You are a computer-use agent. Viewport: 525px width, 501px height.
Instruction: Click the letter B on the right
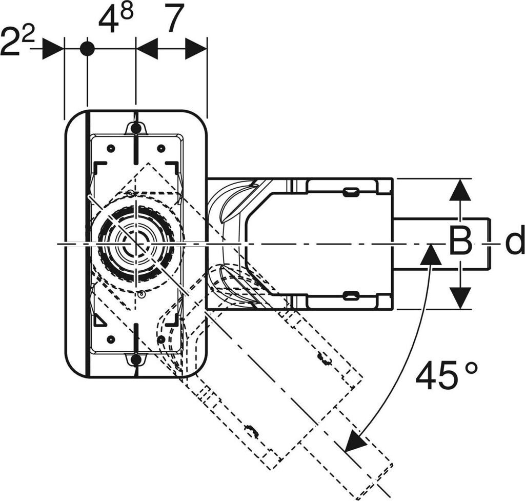tap(460, 240)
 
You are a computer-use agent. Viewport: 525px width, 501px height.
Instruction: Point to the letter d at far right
tap(514, 239)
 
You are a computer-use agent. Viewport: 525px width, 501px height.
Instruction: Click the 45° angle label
tap(447, 375)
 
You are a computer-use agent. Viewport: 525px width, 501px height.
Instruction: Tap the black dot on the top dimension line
tap(87, 49)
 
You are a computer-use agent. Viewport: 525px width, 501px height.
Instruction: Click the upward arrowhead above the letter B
tap(460, 190)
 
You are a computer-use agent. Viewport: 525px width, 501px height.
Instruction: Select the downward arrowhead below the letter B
tap(460, 298)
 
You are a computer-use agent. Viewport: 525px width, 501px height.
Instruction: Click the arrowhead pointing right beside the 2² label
tap(53, 49)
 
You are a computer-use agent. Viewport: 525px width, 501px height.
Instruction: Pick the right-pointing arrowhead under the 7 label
tap(196, 49)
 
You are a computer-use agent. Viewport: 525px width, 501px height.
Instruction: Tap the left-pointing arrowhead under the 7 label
tap(147, 49)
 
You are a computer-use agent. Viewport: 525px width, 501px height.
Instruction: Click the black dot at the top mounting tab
tap(135, 128)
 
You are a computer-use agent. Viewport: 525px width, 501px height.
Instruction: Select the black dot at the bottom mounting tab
tap(135, 359)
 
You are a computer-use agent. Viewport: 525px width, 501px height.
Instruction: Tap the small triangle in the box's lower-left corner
tap(99, 320)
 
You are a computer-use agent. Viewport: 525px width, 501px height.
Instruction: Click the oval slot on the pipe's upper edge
tap(352, 192)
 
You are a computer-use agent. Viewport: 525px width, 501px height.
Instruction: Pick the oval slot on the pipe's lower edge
tap(352, 295)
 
